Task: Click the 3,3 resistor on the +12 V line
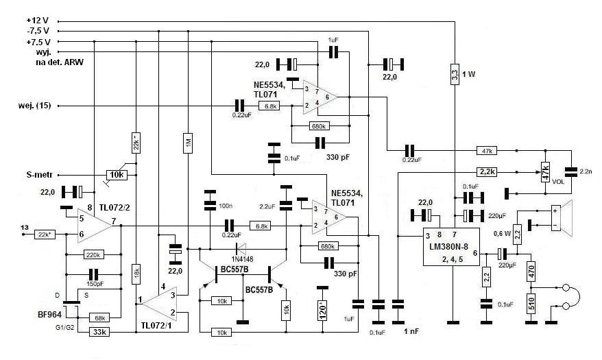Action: pyautogui.click(x=455, y=73)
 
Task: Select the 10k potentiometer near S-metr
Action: pyautogui.click(x=117, y=175)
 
